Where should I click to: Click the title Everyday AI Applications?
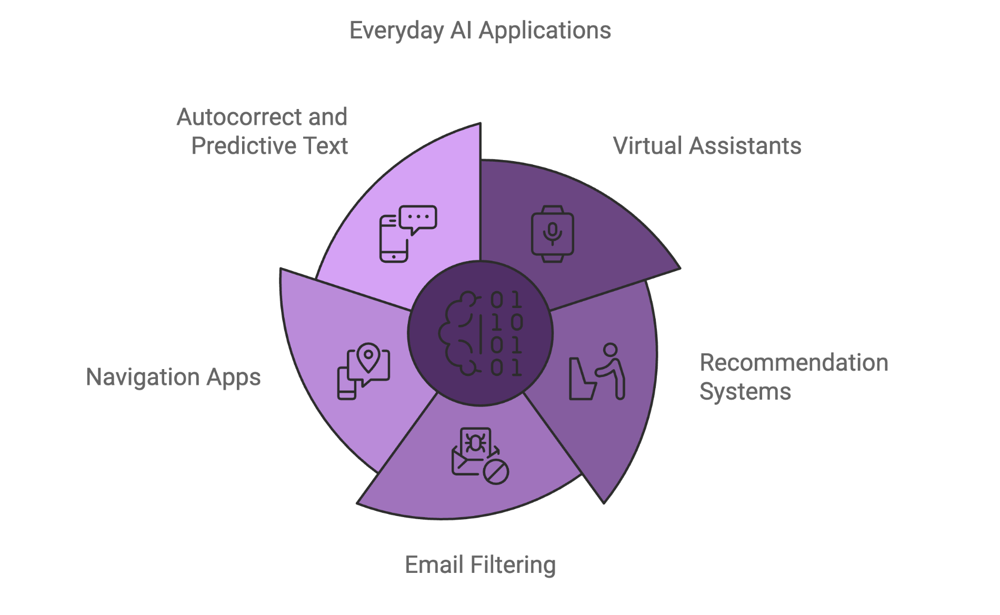point(480,31)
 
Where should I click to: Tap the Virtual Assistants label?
point(707,146)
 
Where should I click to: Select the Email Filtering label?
point(480,565)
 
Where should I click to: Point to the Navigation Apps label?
point(173,378)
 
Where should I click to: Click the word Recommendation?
point(794,363)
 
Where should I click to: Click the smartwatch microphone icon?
point(552,234)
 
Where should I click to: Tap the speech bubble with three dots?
point(418,220)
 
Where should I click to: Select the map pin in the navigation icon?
point(368,358)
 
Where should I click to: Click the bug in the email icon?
point(476,443)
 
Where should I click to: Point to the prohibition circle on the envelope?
point(496,471)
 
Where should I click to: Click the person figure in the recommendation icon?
point(611,371)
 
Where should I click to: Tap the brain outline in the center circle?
point(459,333)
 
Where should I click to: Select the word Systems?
point(745,392)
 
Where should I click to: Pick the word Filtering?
point(513,565)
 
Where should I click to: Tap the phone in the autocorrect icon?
point(393,239)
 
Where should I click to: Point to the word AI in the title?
point(461,31)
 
